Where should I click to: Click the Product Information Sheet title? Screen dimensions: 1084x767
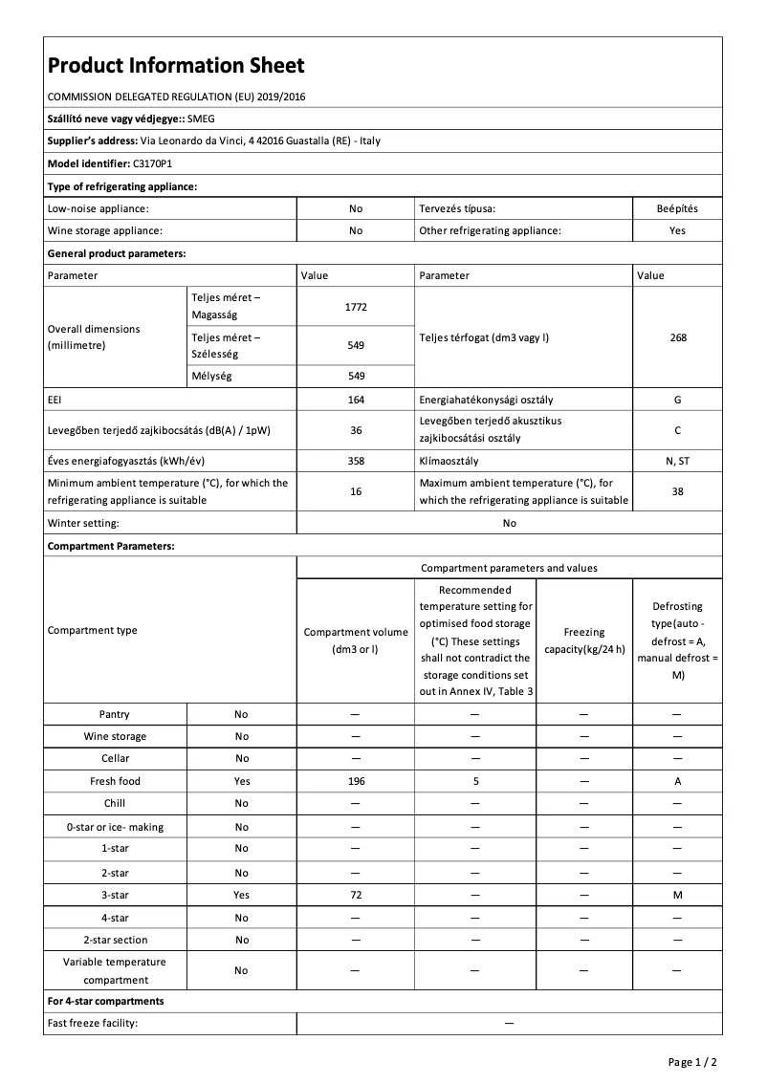tap(176, 65)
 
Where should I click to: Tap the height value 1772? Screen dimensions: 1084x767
tap(356, 307)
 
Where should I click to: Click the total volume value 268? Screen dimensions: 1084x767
tap(678, 337)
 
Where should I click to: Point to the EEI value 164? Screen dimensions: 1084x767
tap(356, 400)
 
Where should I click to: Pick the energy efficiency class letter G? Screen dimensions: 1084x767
tap(678, 400)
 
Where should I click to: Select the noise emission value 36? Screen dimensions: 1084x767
tap(356, 430)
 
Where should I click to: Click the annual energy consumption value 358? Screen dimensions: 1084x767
tap(356, 461)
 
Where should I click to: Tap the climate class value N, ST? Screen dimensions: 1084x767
tap(678, 461)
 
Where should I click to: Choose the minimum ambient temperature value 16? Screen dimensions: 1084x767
tap(356, 491)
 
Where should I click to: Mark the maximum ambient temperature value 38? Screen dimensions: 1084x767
tap(678, 491)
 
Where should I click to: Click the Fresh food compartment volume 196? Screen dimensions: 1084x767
tap(356, 781)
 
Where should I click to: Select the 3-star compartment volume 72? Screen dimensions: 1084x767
tap(356, 895)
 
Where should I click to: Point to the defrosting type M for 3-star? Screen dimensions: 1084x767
tap(678, 895)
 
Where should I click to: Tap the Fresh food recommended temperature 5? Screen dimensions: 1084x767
tap(475, 781)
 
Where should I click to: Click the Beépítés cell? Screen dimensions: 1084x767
tap(678, 207)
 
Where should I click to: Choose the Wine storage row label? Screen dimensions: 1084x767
tap(115, 736)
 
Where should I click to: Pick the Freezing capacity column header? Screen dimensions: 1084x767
tap(583, 640)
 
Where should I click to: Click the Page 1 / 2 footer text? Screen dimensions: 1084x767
tap(692, 1062)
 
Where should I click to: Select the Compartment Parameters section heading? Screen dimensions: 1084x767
tap(111, 546)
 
